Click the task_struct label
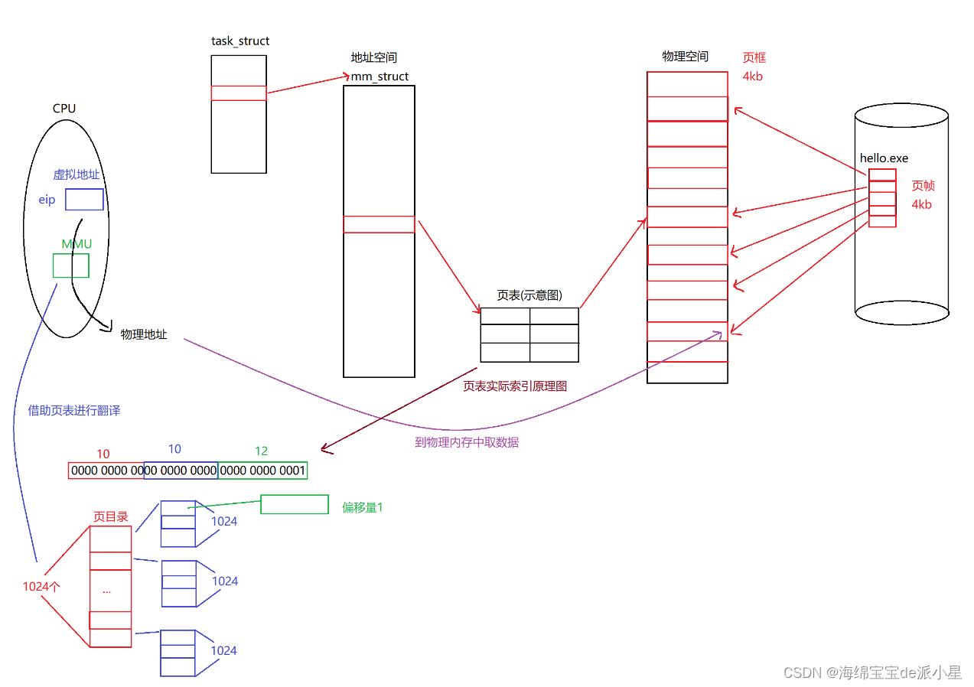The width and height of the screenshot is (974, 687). tap(240, 41)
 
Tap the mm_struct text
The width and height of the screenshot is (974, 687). tap(380, 77)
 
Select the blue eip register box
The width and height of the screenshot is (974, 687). tap(84, 200)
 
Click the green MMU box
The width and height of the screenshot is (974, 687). tap(70, 265)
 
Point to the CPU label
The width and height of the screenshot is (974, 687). tap(64, 108)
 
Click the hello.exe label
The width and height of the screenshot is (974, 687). tap(884, 158)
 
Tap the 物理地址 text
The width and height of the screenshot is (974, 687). tap(144, 334)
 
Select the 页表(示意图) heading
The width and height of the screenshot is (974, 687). tap(529, 296)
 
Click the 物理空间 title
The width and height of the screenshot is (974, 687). tap(685, 57)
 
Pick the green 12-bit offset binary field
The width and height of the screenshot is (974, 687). tap(262, 470)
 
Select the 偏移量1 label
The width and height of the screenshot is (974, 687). tap(362, 506)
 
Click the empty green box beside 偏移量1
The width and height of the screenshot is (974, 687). tap(294, 504)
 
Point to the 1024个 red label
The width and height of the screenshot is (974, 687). tap(42, 587)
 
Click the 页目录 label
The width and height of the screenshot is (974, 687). tap(110, 517)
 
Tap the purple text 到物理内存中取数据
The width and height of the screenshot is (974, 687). tap(467, 442)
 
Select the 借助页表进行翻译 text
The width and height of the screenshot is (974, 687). tap(74, 411)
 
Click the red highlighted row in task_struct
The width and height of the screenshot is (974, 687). tap(239, 93)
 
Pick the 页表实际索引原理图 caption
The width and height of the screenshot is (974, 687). tap(515, 387)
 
